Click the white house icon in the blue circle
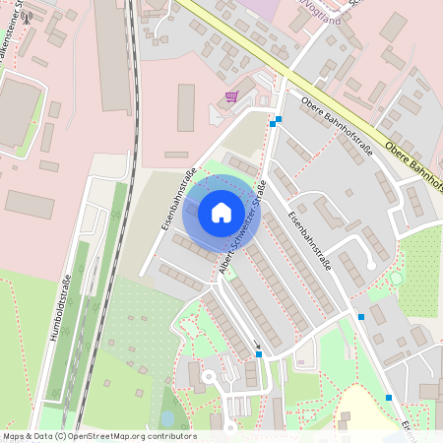pos(221,212)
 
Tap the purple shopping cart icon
pos(231,96)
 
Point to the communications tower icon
pos(28,17)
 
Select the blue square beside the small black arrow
pos(259,354)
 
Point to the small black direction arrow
pos(258,346)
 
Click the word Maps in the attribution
pos(13,435)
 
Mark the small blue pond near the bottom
pos(167,418)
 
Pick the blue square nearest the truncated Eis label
pos(389,398)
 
